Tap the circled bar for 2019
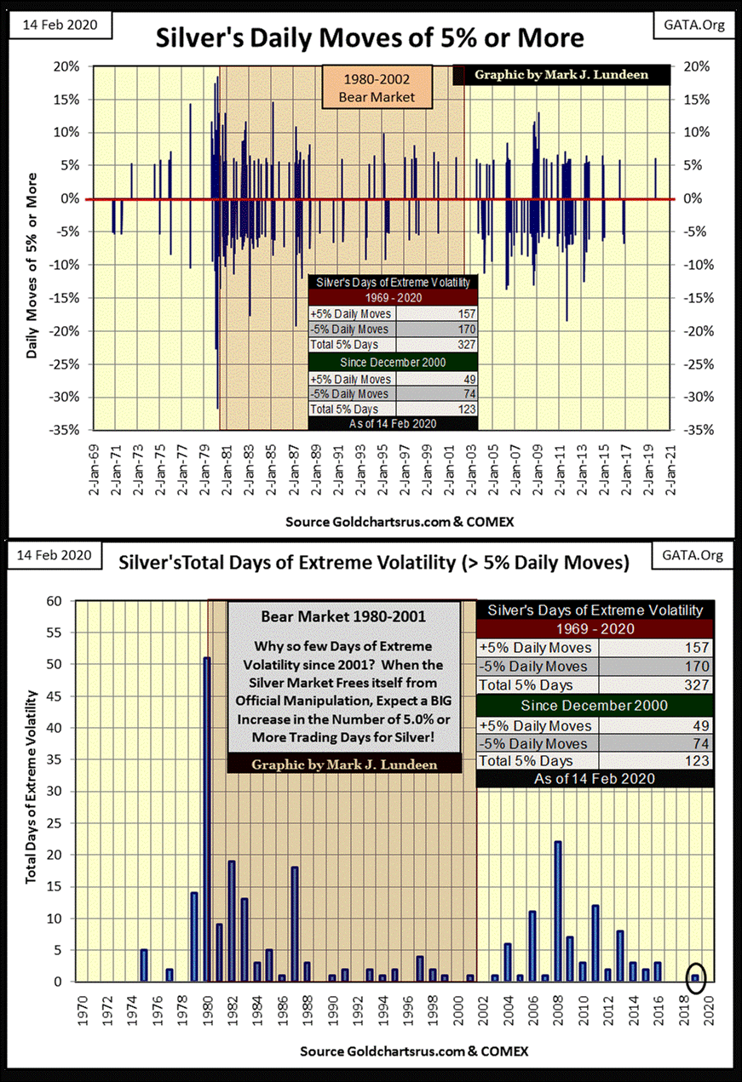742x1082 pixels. click(x=695, y=977)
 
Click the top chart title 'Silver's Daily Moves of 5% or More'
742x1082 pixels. click(x=370, y=38)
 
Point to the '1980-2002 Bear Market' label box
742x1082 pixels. click(x=376, y=89)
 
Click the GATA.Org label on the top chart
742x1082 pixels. click(x=701, y=24)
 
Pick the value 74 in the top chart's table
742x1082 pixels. click(x=466, y=394)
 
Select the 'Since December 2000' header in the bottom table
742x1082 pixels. click(x=596, y=705)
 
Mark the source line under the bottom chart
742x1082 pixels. click(x=414, y=1051)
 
